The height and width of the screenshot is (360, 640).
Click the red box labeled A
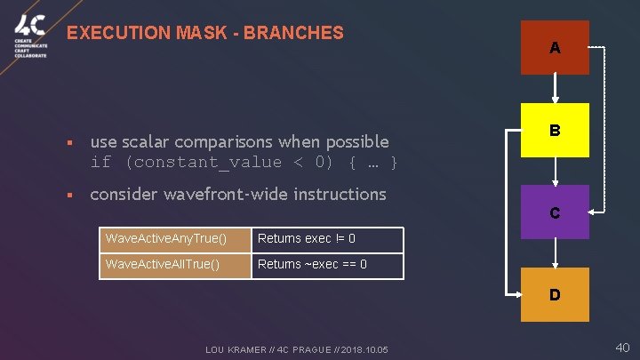[555, 47]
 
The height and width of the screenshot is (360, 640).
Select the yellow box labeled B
[555, 130]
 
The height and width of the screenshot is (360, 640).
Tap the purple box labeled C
[555, 212]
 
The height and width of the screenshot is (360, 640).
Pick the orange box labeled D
[555, 294]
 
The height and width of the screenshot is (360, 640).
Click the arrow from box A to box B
[555, 89]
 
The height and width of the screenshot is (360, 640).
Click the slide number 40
[622, 347]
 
